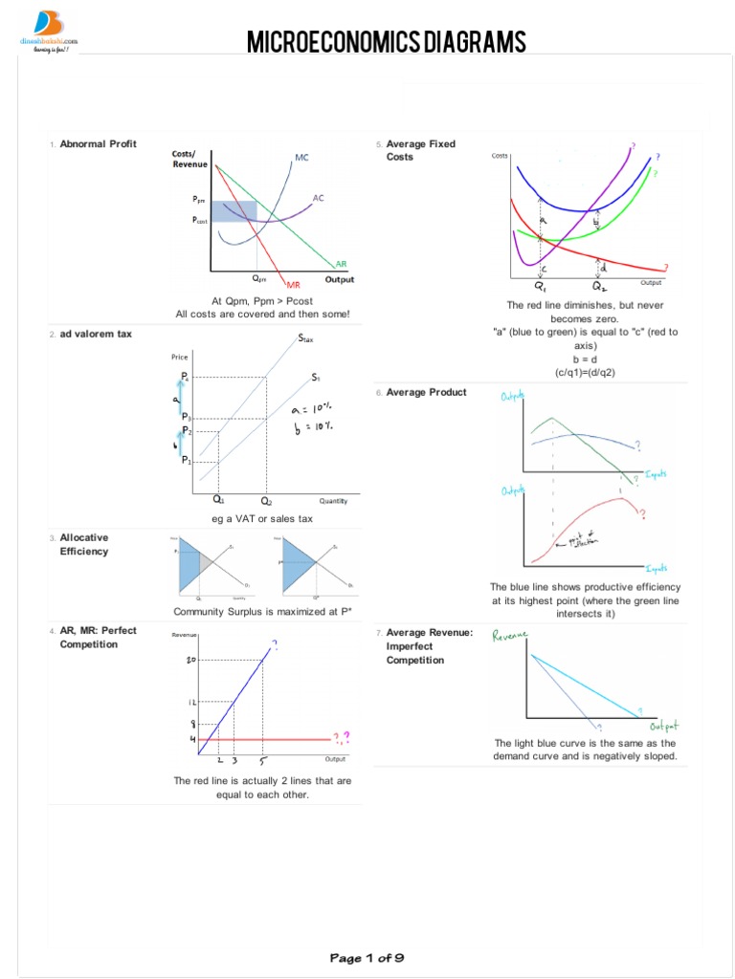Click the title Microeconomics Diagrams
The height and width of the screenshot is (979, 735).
pyautogui.click(x=387, y=42)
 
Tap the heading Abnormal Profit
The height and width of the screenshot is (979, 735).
pyautogui.click(x=98, y=144)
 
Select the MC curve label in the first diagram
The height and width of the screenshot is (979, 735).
pyautogui.click(x=301, y=157)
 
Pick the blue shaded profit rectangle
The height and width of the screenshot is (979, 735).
pyautogui.click(x=233, y=211)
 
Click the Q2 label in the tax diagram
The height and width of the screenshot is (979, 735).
pyautogui.click(x=265, y=500)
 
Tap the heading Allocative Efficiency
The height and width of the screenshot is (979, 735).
pyautogui.click(x=84, y=545)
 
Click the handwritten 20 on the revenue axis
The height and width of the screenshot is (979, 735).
pyautogui.click(x=191, y=660)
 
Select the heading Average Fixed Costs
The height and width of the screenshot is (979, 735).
pyautogui.click(x=421, y=150)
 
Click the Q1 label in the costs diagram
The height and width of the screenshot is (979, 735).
pyautogui.click(x=541, y=285)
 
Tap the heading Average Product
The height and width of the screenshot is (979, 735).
pyautogui.click(x=426, y=392)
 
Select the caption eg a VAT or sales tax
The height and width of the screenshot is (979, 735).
pyautogui.click(x=262, y=519)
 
